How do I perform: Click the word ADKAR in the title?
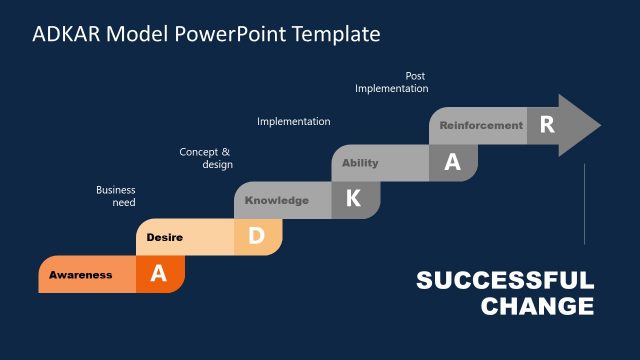(x=66, y=34)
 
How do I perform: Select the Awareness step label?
(x=81, y=275)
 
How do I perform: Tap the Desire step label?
(x=164, y=237)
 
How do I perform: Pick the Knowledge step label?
(x=277, y=200)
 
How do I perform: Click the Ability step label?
(x=360, y=163)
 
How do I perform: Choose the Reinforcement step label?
(x=481, y=126)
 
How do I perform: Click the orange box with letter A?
(x=158, y=274)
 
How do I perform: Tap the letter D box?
(x=256, y=237)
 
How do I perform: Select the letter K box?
(x=354, y=199)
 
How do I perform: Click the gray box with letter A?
(x=452, y=163)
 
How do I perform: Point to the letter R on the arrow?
(x=546, y=125)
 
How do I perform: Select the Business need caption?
(x=116, y=196)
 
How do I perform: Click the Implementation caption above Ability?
(x=293, y=122)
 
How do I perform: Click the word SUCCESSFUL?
(x=505, y=281)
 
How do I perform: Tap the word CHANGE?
(x=537, y=306)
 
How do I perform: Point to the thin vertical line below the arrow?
(x=584, y=204)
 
